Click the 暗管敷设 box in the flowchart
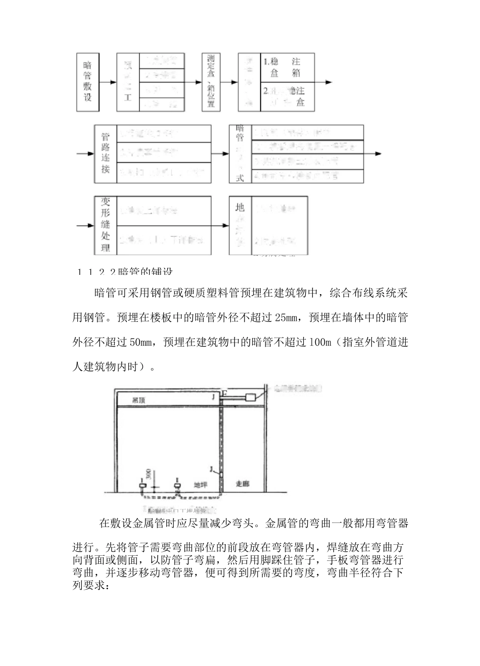click(x=87, y=81)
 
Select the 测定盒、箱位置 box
click(x=211, y=81)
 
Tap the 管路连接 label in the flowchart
click(x=105, y=154)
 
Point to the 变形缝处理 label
click(x=105, y=225)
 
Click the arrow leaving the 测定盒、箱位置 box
click(x=229, y=82)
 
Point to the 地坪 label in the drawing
click(x=201, y=485)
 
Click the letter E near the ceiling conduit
click(x=225, y=393)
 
